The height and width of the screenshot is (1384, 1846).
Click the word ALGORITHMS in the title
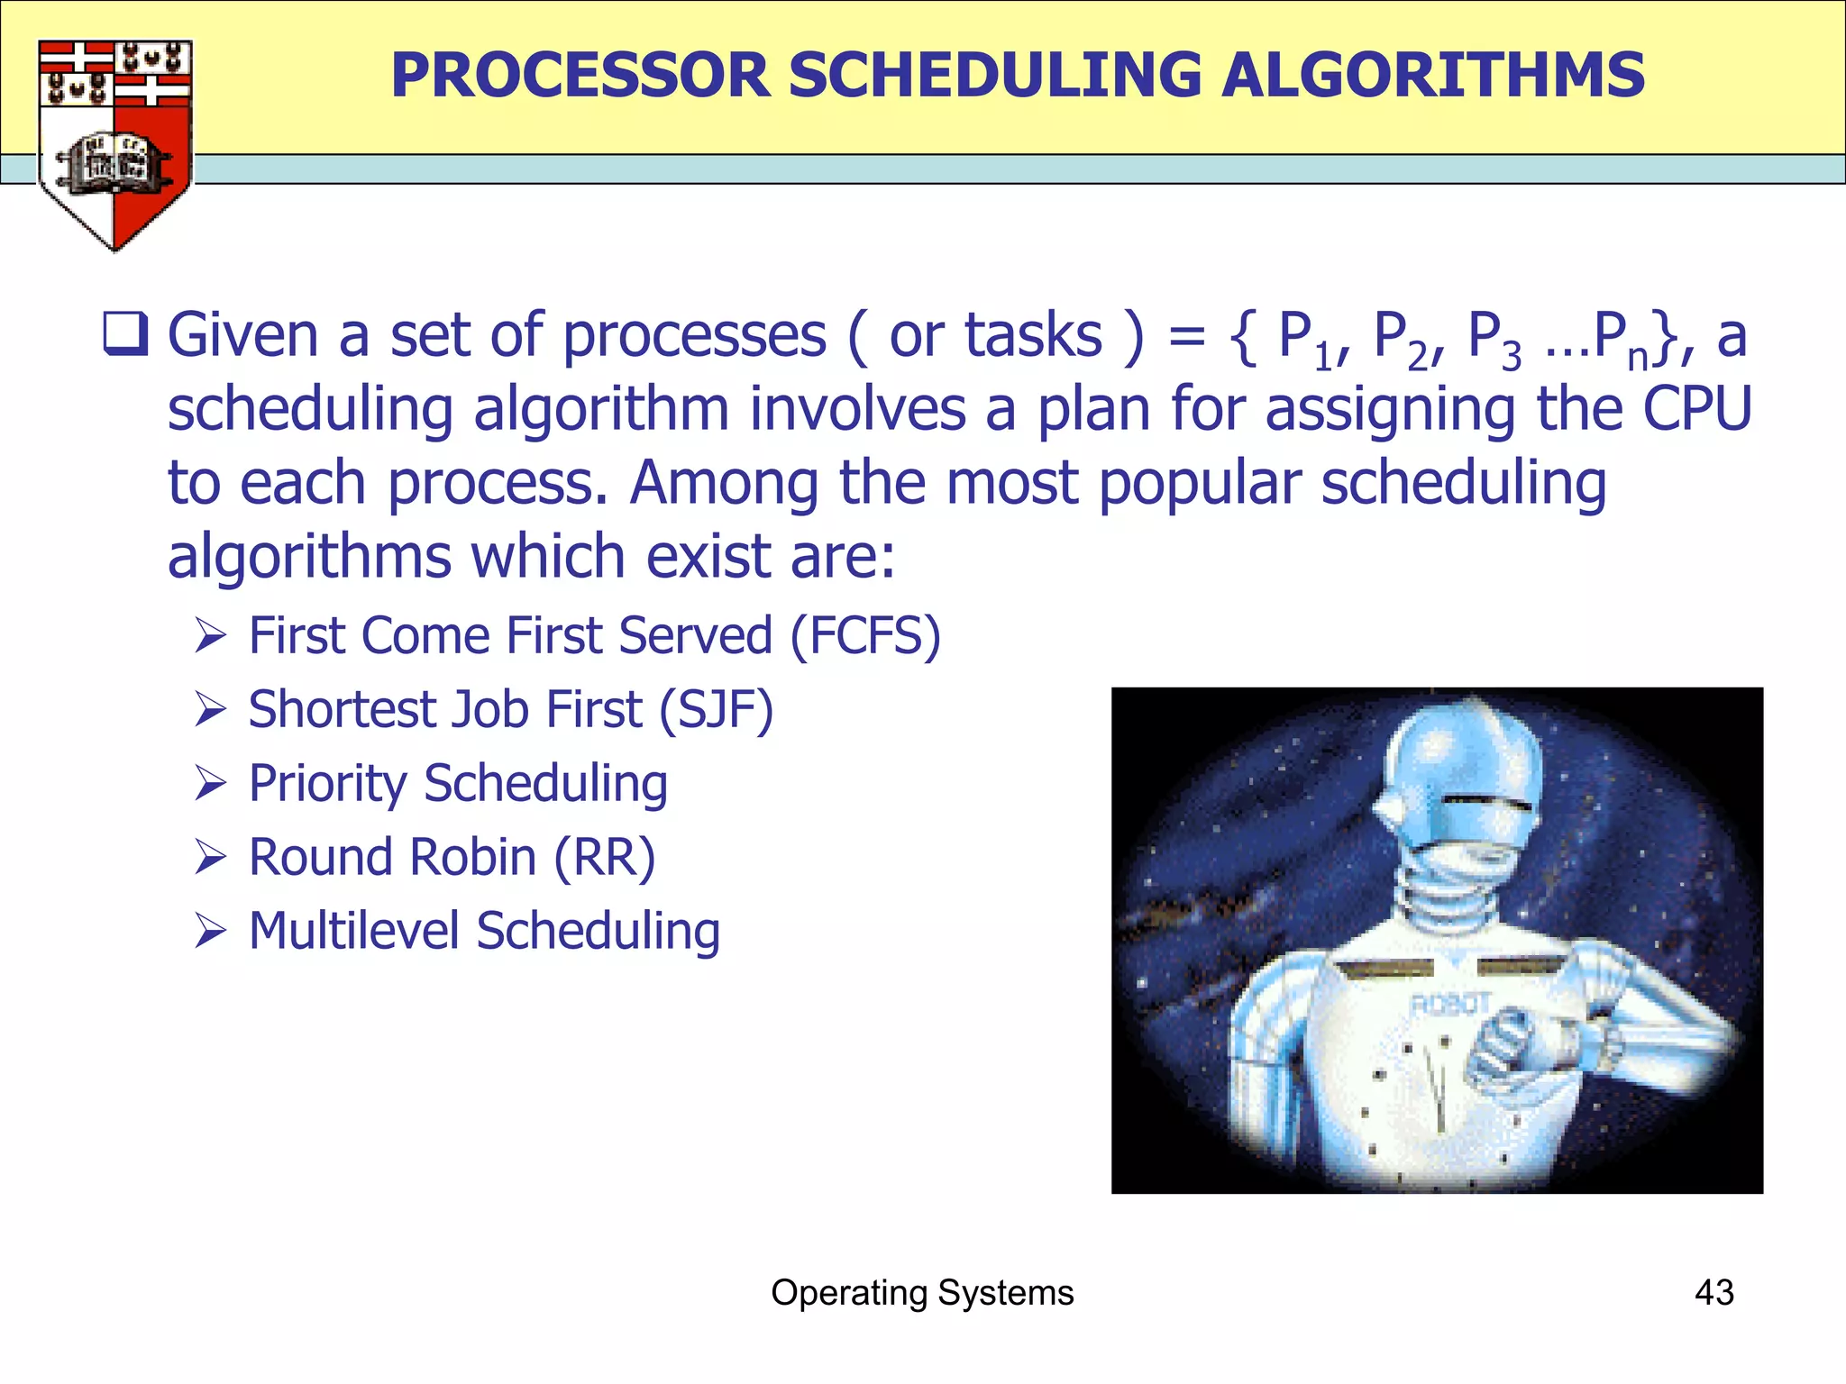[x=1432, y=75]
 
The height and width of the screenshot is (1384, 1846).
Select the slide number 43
[x=1713, y=1292]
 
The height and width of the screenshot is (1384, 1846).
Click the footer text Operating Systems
[x=922, y=1292]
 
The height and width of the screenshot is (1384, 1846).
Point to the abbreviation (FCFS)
[x=865, y=635]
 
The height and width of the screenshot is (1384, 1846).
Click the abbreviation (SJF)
[x=716, y=709]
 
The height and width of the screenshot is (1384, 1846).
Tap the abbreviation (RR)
[x=604, y=857]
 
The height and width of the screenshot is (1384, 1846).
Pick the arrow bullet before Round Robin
[x=210, y=857]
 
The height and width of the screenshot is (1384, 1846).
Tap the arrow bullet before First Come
[x=210, y=636]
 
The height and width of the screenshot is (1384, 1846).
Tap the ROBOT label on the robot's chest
[x=1448, y=1003]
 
